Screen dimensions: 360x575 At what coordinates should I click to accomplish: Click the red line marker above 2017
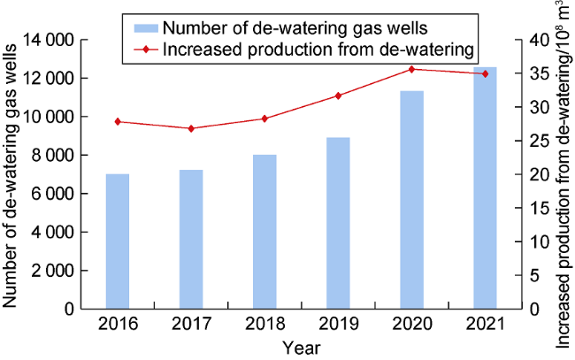click(x=191, y=128)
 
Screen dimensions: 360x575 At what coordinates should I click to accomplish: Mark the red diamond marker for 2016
click(x=118, y=121)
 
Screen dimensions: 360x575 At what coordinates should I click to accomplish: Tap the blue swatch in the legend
click(x=142, y=26)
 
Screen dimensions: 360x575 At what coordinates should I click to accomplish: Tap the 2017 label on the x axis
click(x=191, y=325)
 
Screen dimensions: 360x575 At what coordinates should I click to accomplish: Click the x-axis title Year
click(x=301, y=348)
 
